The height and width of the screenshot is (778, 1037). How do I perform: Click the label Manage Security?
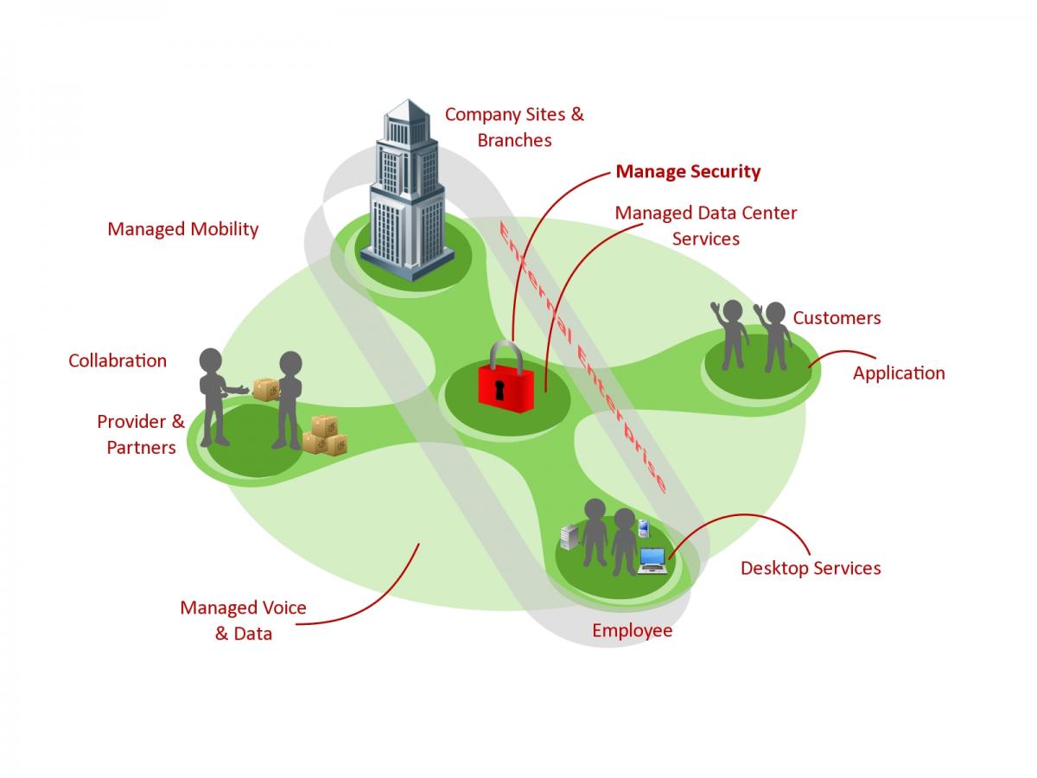pyautogui.click(x=688, y=171)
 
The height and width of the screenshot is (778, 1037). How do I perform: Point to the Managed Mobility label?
pyautogui.click(x=182, y=229)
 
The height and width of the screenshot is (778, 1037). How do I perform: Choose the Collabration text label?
pyautogui.click(x=118, y=360)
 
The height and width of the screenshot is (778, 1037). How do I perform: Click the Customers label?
pyautogui.click(x=837, y=317)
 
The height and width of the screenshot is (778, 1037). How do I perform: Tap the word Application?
pyautogui.click(x=899, y=373)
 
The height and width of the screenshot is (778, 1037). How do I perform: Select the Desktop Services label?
pyautogui.click(x=811, y=568)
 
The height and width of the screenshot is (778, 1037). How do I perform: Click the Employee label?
pyautogui.click(x=632, y=630)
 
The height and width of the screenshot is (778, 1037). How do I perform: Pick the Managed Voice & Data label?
pyautogui.click(x=243, y=621)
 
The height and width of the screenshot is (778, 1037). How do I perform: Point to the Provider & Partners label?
pyautogui.click(x=141, y=434)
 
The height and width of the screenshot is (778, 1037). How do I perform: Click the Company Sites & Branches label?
pyautogui.click(x=514, y=126)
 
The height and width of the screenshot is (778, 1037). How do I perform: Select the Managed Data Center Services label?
pyautogui.click(x=705, y=225)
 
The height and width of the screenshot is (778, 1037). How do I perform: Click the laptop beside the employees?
pyautogui.click(x=652, y=560)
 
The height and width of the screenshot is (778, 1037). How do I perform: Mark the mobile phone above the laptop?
pyautogui.click(x=643, y=527)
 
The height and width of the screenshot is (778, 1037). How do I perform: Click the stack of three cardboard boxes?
pyautogui.click(x=325, y=435)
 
